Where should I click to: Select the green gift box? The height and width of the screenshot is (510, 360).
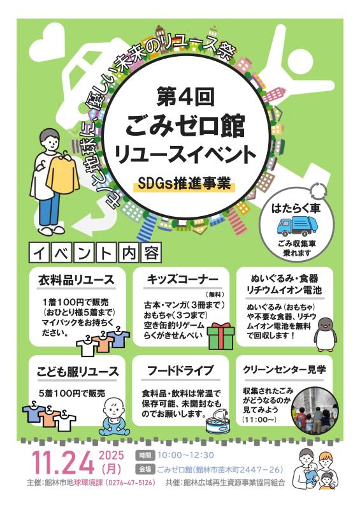(221, 336)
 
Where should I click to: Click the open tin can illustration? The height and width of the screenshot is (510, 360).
(217, 422)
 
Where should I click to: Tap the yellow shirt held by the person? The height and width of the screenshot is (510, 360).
(63, 175)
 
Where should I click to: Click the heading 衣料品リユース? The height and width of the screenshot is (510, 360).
(76, 280)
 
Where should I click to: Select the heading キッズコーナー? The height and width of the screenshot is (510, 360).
(182, 280)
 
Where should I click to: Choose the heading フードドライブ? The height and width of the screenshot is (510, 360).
(180, 370)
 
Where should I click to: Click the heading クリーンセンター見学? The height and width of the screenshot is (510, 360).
(284, 370)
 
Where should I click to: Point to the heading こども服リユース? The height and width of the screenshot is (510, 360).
(77, 371)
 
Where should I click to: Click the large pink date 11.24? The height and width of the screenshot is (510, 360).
(63, 463)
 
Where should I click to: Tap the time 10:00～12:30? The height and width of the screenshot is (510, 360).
(185, 455)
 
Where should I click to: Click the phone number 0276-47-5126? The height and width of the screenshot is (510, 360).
(130, 483)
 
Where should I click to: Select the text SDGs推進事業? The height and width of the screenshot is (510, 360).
(184, 184)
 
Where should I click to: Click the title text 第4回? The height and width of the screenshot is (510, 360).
(185, 97)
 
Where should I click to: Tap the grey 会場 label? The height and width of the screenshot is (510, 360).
(145, 469)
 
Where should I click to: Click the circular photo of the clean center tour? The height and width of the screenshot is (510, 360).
(315, 411)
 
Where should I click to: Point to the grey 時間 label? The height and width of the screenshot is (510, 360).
(145, 455)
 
